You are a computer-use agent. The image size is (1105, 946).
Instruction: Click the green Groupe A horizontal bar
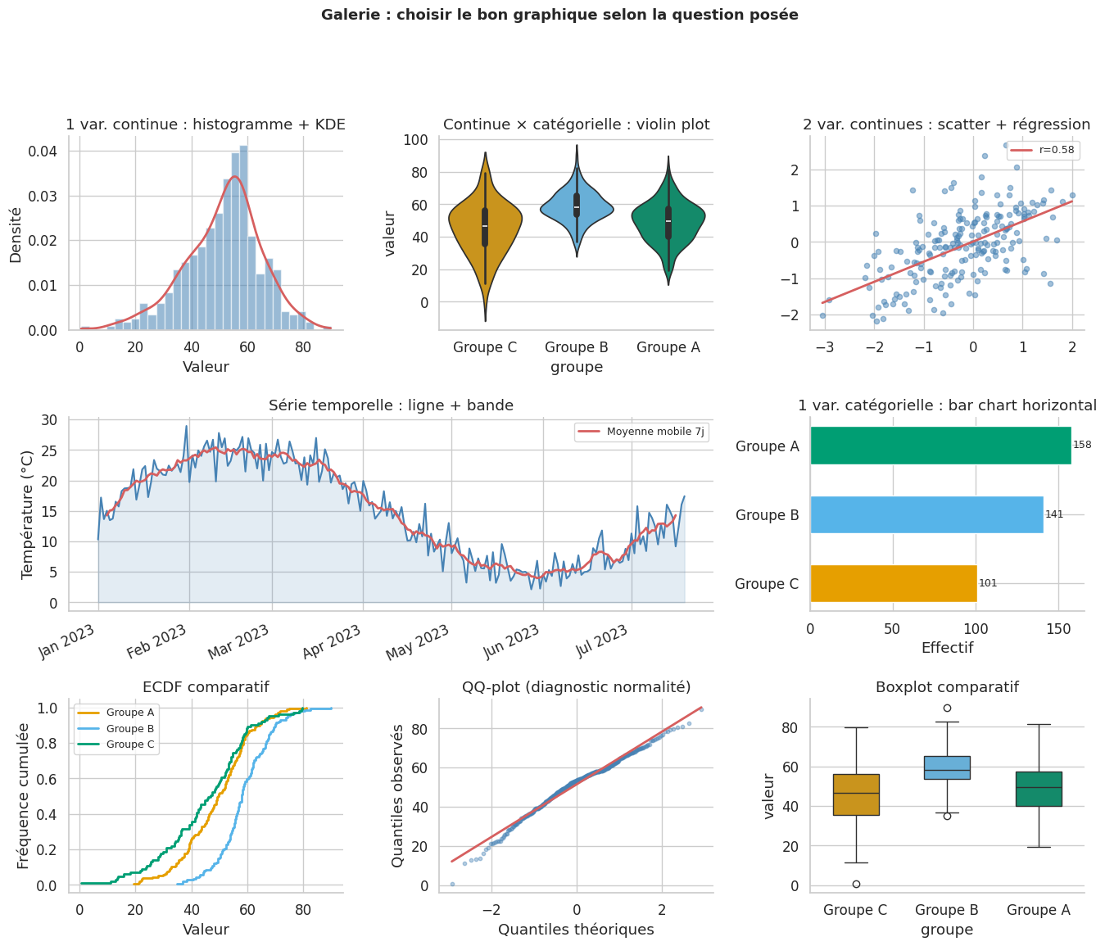click(x=940, y=446)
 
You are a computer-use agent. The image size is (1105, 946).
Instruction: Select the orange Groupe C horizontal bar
click(x=894, y=583)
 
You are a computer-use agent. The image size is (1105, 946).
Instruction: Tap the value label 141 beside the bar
click(x=1054, y=514)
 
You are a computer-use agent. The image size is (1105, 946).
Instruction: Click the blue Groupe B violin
click(x=577, y=210)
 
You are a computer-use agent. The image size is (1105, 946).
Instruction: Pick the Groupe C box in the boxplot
click(x=855, y=794)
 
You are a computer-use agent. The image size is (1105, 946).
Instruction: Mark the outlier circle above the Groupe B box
click(x=947, y=708)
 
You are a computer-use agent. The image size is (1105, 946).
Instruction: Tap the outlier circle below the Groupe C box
click(x=856, y=884)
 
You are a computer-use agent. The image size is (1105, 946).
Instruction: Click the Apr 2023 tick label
click(x=332, y=642)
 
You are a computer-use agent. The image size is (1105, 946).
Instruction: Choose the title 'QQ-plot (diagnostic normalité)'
click(x=576, y=687)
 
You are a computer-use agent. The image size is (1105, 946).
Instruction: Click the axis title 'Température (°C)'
click(x=28, y=514)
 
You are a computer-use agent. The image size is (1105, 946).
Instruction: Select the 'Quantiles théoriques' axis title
click(x=576, y=930)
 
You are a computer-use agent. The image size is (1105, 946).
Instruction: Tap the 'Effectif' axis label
click(x=947, y=648)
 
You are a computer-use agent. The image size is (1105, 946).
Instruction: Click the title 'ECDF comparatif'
click(x=206, y=687)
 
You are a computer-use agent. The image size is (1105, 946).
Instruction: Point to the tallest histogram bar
click(x=243, y=238)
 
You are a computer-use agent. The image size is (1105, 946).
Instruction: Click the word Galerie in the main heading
click(x=347, y=15)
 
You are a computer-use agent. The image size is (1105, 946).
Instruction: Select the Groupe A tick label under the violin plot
click(x=668, y=347)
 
